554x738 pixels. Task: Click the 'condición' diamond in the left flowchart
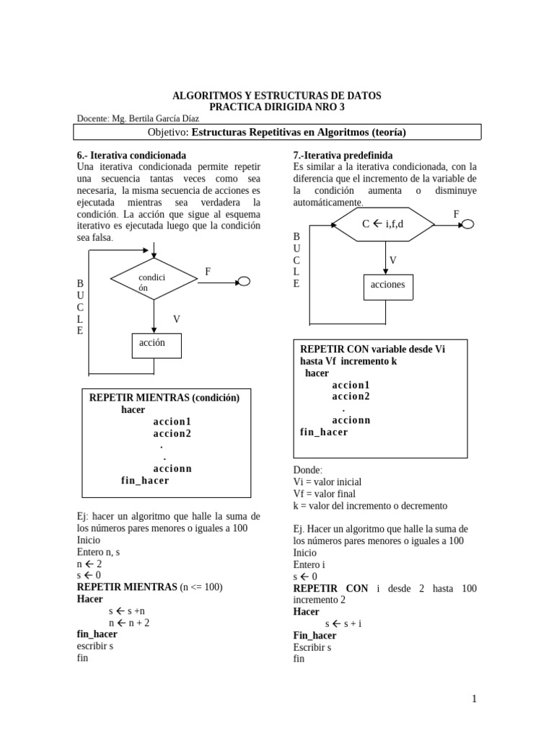[154, 280]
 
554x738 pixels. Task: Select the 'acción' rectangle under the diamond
[157, 345]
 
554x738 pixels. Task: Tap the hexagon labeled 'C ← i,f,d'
[383, 224]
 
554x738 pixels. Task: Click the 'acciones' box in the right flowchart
[388, 286]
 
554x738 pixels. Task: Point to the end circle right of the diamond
[244, 282]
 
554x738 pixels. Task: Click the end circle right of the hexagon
[468, 224]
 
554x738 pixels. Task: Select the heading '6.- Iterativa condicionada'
[131, 155]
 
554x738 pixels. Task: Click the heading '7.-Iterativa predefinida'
[343, 155]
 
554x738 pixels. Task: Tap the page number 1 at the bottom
[474, 698]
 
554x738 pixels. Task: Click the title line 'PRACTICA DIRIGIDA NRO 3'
[277, 107]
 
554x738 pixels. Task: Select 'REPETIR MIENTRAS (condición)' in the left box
[164, 398]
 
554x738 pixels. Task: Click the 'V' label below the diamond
[177, 319]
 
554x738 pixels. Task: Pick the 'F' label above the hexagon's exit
[456, 214]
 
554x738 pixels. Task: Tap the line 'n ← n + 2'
[129, 623]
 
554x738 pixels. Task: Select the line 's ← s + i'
[343, 623]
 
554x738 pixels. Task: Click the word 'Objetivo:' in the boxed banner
[168, 132]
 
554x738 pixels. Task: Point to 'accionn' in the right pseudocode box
[351, 420]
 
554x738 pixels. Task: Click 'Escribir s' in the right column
[312, 647]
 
